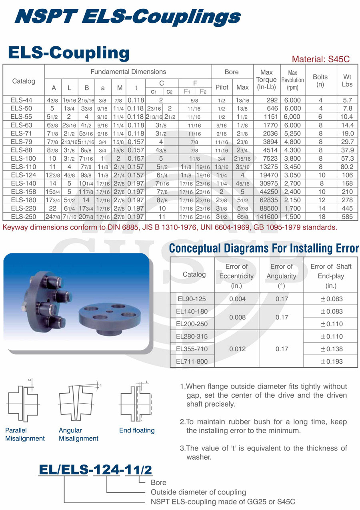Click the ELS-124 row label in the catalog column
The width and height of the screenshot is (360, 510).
[24, 175]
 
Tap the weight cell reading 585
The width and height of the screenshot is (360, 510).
[348, 217]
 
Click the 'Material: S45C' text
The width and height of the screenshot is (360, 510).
[320, 59]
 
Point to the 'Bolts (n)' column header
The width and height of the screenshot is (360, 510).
[320, 81]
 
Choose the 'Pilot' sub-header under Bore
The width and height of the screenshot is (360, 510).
[222, 87]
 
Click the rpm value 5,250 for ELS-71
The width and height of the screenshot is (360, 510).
[292, 133]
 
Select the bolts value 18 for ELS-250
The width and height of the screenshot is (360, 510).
[320, 217]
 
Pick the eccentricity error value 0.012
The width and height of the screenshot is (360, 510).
[237, 349]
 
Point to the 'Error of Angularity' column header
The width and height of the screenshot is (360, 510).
[282, 276]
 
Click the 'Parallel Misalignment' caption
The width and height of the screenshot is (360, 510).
[25, 434]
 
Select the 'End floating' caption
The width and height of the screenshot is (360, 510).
[137, 430]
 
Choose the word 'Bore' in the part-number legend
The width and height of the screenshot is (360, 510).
[158, 482]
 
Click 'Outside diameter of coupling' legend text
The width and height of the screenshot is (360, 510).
[198, 492]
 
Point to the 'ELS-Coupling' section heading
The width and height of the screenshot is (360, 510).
[69, 53]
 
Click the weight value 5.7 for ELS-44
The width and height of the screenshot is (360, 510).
[348, 100]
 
